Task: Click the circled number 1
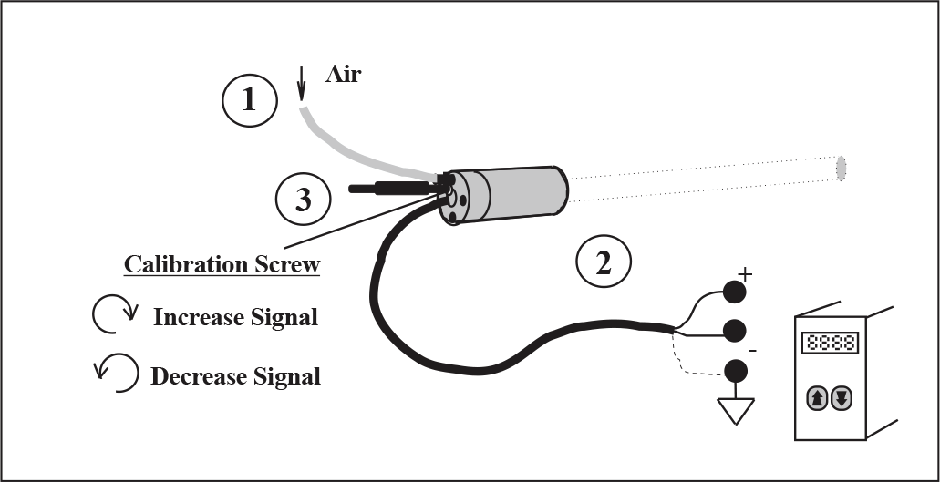tap(250, 99)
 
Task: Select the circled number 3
tap(303, 200)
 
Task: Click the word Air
tap(344, 75)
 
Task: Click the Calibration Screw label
tap(222, 264)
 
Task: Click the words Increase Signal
tap(235, 317)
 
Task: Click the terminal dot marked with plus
tap(735, 292)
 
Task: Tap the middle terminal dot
tap(735, 330)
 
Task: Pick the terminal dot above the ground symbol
tap(735, 371)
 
